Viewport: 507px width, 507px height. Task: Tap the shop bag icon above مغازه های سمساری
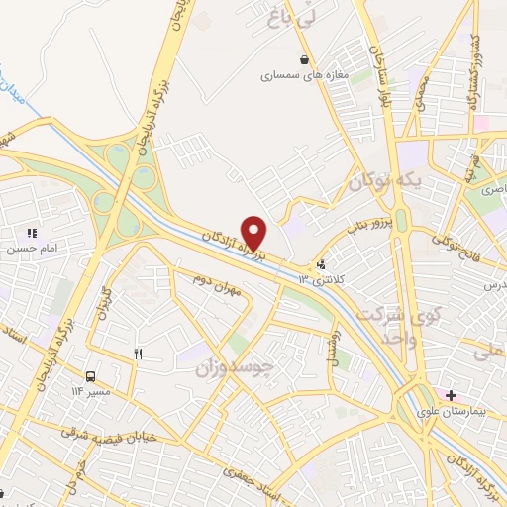302,59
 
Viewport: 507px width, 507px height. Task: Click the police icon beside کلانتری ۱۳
320,264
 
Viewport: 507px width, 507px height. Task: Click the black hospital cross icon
452,395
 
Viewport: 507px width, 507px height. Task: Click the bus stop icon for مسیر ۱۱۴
91,376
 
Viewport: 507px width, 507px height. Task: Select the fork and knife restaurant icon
138,353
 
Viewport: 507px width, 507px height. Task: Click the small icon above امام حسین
32,233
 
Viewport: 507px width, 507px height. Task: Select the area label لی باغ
285,16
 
